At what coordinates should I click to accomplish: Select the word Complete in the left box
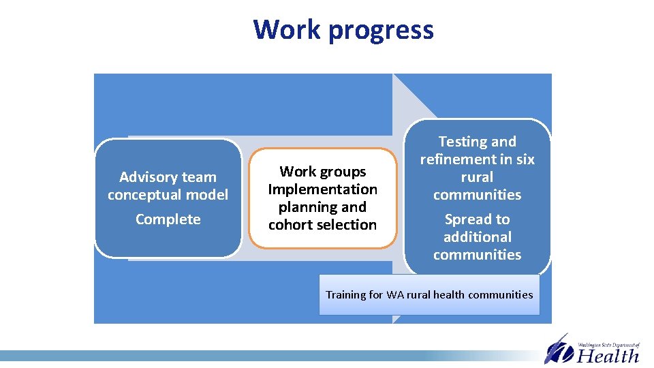click(x=168, y=219)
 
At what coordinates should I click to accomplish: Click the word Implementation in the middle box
click(x=322, y=189)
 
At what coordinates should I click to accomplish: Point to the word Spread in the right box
click(x=467, y=219)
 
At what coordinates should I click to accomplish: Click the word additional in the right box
click(x=477, y=237)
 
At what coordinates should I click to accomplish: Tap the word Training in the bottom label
click(x=346, y=295)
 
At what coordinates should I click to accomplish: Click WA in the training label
click(x=394, y=295)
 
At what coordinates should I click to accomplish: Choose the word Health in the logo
click(x=608, y=355)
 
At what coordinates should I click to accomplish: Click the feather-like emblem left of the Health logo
click(x=559, y=350)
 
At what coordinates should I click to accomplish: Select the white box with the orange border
click(x=322, y=198)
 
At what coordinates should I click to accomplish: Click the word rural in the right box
click(x=477, y=177)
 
